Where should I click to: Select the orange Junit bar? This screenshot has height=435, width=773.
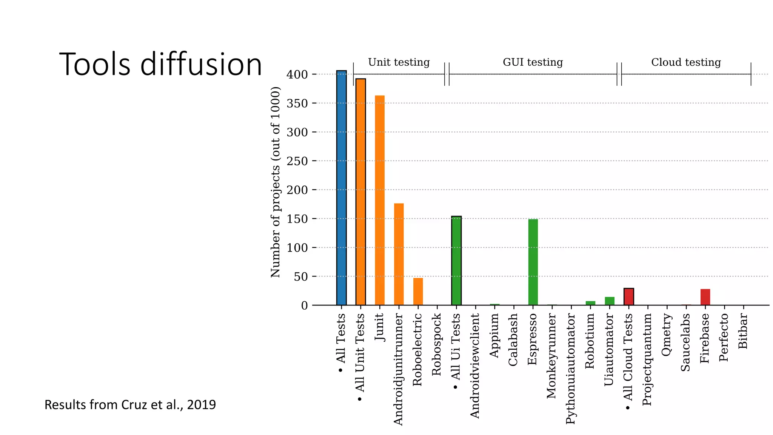380,200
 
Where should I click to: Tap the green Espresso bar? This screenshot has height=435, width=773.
533,262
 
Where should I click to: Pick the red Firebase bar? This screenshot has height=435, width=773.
705,297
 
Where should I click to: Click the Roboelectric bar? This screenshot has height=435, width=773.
418,292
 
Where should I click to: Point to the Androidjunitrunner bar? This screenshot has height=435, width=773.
399,254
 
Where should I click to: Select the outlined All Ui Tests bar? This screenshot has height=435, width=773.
456,261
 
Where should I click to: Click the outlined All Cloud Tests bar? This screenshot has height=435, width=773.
628,297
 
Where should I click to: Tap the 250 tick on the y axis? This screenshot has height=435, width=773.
297,161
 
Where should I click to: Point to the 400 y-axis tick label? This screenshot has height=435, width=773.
297,74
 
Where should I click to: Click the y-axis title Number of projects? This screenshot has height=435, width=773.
276,182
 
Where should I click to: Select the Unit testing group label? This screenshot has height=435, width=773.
399,62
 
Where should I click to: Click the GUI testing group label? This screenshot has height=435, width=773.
533,62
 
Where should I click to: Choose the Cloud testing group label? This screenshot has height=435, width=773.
686,62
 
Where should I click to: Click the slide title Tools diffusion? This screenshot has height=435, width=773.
160,64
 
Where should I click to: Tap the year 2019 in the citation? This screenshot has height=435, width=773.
201,405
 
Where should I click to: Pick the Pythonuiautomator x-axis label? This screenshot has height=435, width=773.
571,369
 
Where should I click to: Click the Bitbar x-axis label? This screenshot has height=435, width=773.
743,331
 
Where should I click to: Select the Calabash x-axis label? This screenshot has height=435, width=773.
513,339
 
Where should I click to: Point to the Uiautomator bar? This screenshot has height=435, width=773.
610,301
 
